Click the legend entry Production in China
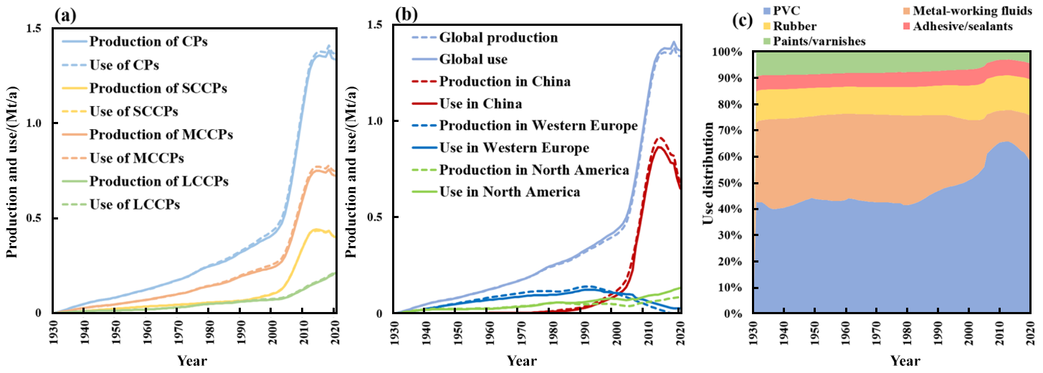click(505, 82)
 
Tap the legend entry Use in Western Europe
click(514, 148)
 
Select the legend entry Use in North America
click(509, 192)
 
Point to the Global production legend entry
click(498, 37)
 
